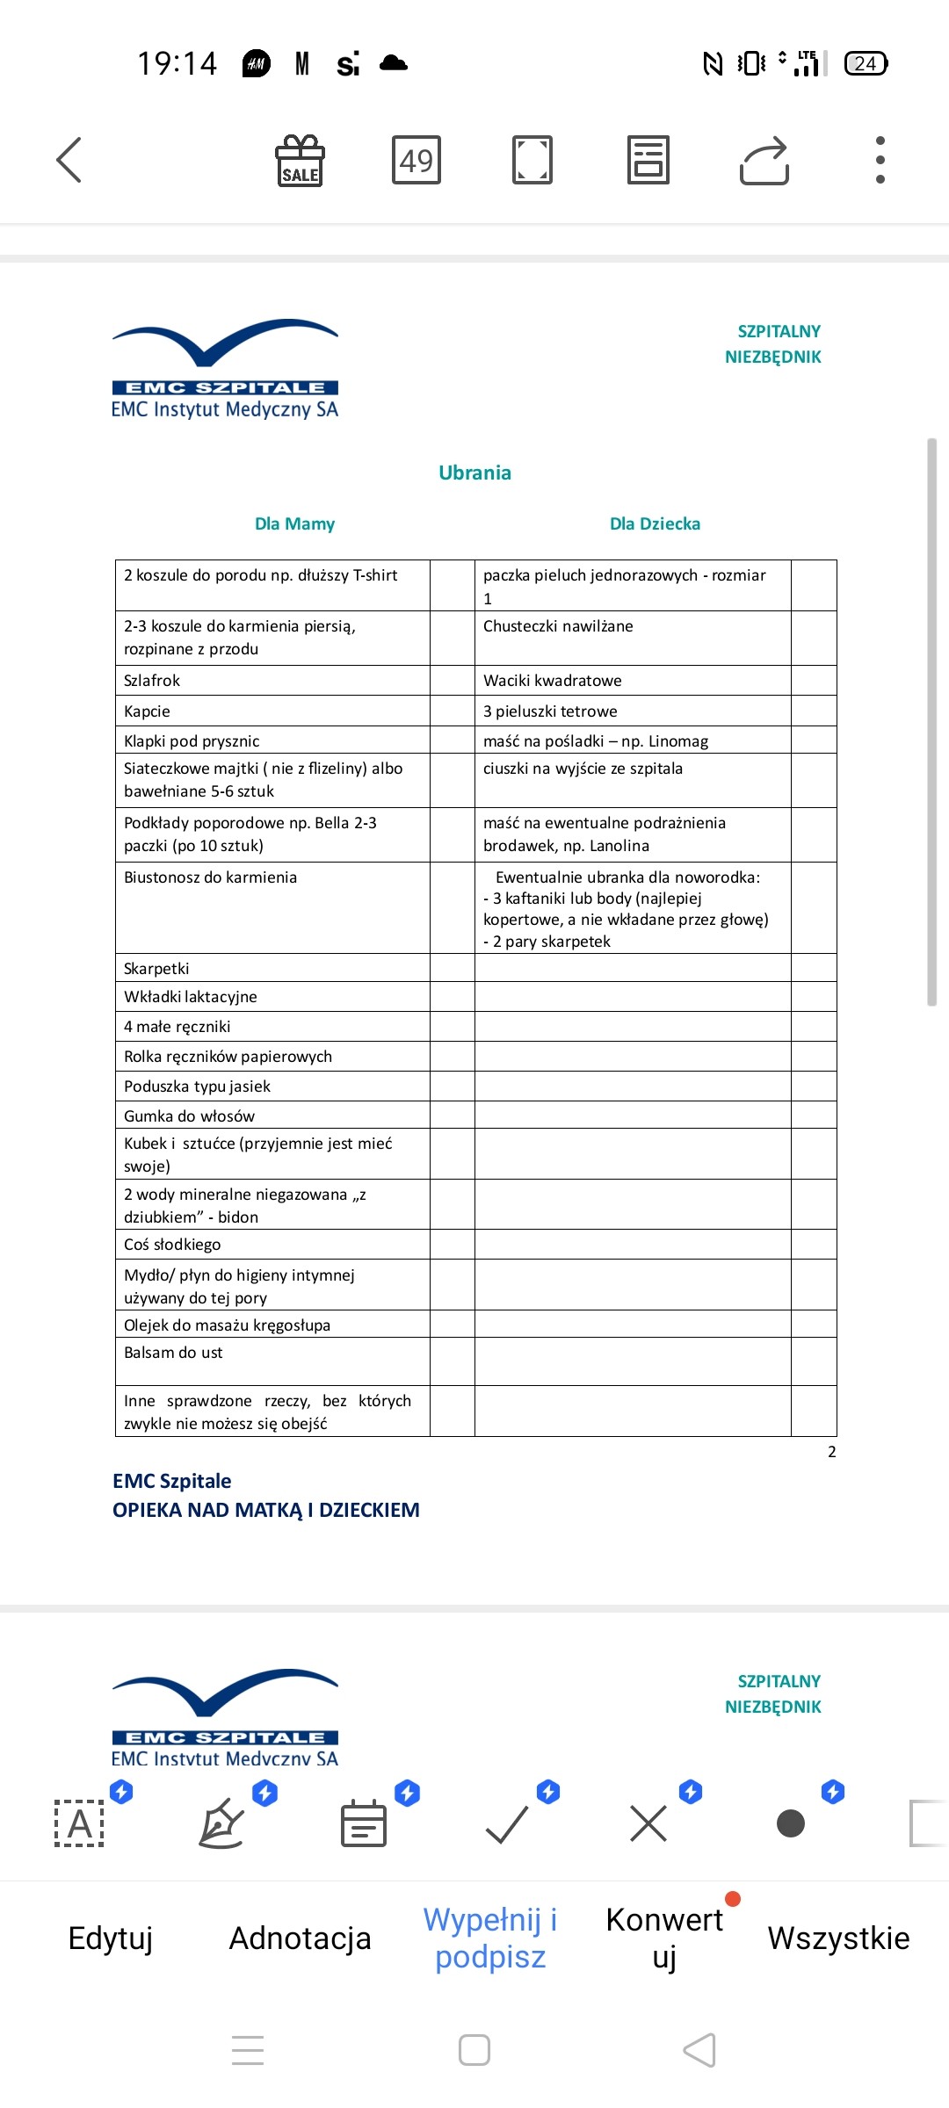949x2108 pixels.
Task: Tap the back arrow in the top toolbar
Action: click(x=69, y=160)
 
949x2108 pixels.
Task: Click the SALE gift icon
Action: click(x=300, y=161)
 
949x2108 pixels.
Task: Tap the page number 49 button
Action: click(x=416, y=161)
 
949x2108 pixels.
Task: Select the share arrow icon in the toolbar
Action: click(x=764, y=161)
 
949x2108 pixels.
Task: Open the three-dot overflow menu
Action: click(x=880, y=161)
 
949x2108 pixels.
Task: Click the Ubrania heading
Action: click(x=474, y=473)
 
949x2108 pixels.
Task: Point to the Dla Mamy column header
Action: click(x=294, y=523)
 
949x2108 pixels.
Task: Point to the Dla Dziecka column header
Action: click(x=655, y=523)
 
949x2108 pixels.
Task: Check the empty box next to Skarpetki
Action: click(x=452, y=968)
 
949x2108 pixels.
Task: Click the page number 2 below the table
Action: click(x=831, y=1452)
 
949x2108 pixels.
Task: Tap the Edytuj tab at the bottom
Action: click(x=111, y=1938)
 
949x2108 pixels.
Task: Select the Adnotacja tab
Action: click(x=300, y=1938)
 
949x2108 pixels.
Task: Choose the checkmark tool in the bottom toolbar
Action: click(x=507, y=1824)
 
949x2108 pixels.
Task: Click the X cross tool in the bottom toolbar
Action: click(x=648, y=1824)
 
